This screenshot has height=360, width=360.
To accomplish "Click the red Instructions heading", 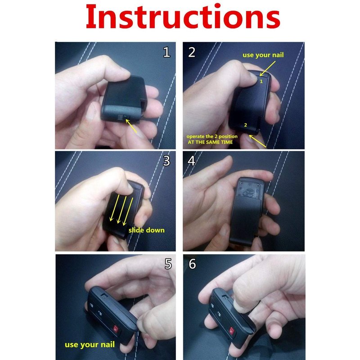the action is click(183, 17).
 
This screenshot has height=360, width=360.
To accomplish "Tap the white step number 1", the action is click(166, 52).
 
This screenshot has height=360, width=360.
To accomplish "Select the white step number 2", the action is click(192, 52).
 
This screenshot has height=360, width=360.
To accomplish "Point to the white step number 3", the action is click(166, 161).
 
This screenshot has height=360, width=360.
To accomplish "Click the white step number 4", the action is click(192, 161).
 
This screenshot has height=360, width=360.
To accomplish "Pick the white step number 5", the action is click(168, 264).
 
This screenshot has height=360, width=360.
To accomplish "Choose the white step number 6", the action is click(192, 264).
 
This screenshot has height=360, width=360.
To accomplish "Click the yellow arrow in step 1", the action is click(131, 126).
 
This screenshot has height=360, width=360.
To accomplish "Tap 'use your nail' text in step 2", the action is click(263, 55).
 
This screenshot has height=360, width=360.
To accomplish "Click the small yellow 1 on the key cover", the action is click(261, 81).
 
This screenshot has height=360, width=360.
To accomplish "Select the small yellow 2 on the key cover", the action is click(245, 125).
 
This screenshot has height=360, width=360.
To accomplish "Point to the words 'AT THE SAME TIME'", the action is click(210, 142).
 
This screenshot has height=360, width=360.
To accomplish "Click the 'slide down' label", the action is click(147, 230).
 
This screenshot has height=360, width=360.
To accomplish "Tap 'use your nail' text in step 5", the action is click(90, 345).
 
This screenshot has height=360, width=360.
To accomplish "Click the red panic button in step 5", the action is click(116, 329).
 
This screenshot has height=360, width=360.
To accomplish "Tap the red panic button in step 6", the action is click(231, 331).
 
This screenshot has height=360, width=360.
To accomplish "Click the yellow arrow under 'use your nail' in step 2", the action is click(267, 68).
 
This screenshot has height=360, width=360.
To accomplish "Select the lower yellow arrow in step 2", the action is click(257, 141).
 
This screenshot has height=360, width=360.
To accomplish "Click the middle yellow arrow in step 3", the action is click(121, 210).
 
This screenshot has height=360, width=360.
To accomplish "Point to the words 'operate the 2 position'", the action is click(212, 136).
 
